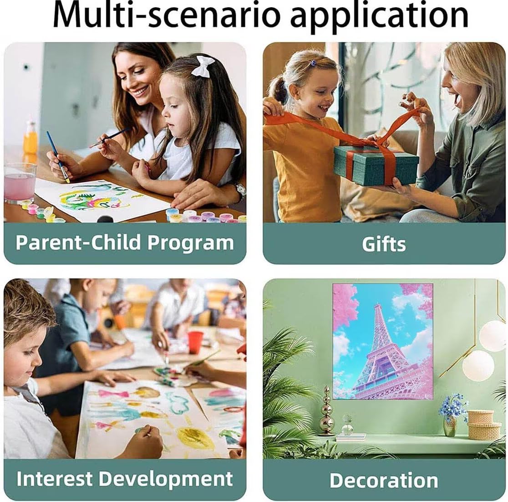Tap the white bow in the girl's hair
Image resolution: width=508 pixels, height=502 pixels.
click(x=203, y=66)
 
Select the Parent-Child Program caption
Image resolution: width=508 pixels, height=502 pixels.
click(x=125, y=242)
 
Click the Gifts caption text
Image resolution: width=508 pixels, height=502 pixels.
click(x=384, y=244)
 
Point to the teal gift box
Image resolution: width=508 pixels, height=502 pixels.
click(x=376, y=165)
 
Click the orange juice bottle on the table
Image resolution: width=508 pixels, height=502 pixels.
click(x=30, y=138)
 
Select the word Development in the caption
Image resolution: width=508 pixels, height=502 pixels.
click(x=166, y=479)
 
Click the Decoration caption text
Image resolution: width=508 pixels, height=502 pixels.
click(x=384, y=480)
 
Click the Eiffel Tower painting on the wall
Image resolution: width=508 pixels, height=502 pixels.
click(x=383, y=342)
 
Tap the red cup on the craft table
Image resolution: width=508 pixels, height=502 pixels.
click(x=195, y=343)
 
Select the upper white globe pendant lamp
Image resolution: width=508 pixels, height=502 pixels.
click(x=493, y=336)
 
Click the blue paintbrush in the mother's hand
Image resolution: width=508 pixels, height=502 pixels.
click(x=58, y=156)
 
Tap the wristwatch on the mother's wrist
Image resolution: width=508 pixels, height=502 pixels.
click(x=240, y=190)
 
